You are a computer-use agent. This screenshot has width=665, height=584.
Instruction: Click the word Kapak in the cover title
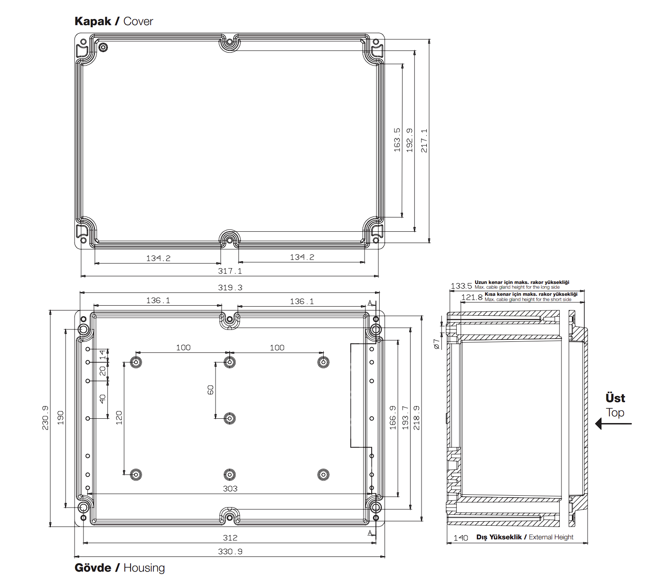point(93,21)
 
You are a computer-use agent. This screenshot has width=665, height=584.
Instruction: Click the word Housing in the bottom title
point(144,567)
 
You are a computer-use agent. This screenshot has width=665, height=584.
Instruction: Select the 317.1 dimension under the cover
point(230,271)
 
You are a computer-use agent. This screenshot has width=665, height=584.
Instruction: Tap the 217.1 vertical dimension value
point(424,141)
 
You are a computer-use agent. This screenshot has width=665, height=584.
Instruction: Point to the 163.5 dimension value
point(397,140)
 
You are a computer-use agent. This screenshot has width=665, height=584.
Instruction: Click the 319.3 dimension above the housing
point(230,288)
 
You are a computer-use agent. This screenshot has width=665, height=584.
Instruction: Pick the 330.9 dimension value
point(230,552)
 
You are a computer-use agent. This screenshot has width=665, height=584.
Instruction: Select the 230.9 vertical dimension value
point(45,418)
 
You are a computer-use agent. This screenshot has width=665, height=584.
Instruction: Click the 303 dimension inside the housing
point(230,489)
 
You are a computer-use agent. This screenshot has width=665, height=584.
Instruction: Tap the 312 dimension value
point(230,538)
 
